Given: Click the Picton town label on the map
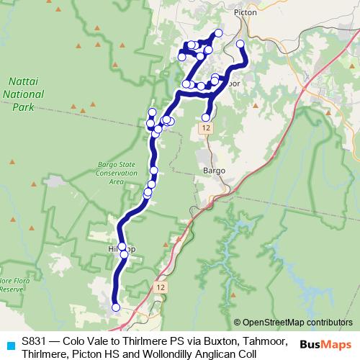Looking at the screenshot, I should coord(246,12).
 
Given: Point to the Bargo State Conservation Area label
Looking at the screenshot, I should coord(117,174).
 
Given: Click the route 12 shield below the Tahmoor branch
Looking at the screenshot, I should coord(207,127).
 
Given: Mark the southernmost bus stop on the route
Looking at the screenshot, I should coord(116,307).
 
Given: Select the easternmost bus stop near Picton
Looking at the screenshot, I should coord(240,45).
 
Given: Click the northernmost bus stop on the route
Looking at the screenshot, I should coord(218,33).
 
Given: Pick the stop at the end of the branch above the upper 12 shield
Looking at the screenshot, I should coord(206,117).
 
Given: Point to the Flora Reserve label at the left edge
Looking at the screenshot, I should coord(13,284).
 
